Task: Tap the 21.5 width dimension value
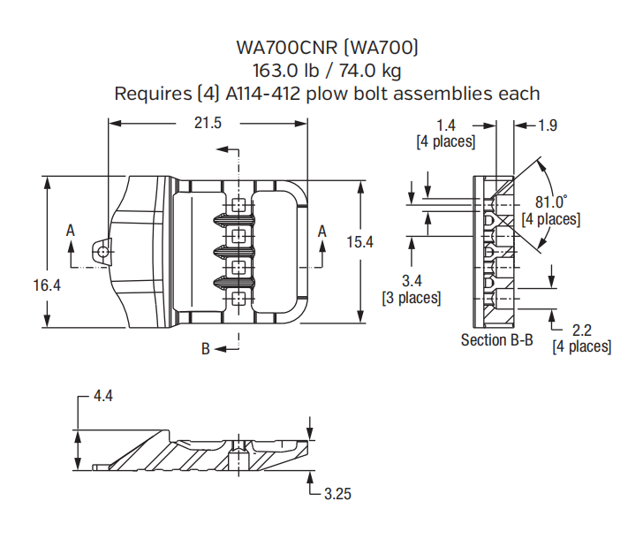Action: (x=208, y=124)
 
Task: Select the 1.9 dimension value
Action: (x=548, y=125)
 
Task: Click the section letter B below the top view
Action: (x=205, y=349)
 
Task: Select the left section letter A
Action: (x=71, y=230)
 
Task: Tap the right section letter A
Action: (x=321, y=231)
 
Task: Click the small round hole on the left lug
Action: (x=104, y=252)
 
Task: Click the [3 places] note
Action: (x=411, y=298)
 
